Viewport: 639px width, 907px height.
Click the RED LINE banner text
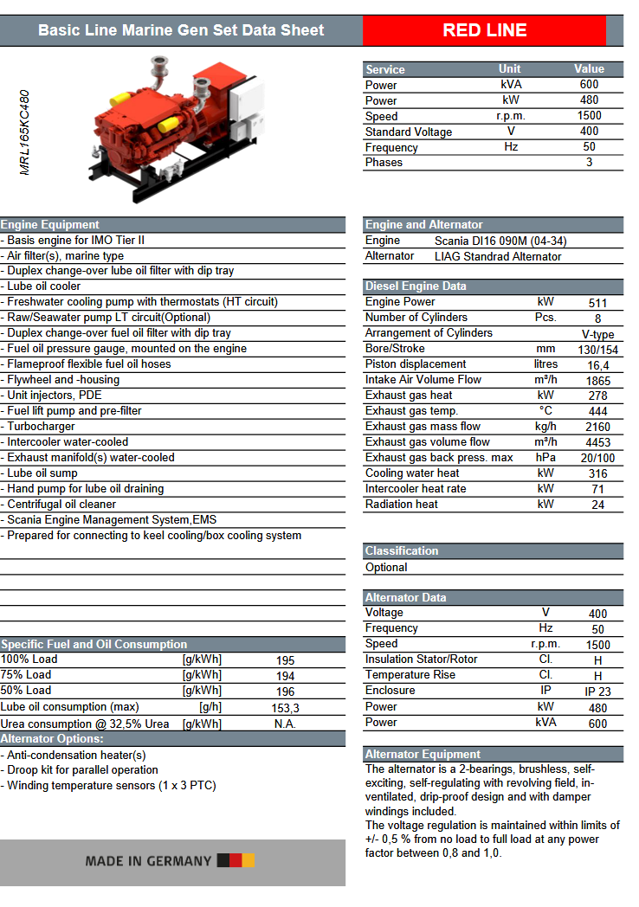[x=484, y=30]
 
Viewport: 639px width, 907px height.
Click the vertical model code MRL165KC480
[x=25, y=132]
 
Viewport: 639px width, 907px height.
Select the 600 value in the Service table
[x=589, y=85]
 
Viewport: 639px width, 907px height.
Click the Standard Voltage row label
[x=409, y=132]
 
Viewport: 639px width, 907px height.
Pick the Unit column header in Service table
[x=510, y=69]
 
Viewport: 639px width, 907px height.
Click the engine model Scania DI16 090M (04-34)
[x=500, y=241]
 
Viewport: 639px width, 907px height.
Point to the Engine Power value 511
[x=597, y=303]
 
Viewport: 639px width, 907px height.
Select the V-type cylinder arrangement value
[x=597, y=334]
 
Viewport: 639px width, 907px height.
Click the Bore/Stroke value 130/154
[x=597, y=350]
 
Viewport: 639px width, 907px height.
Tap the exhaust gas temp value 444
[x=597, y=412]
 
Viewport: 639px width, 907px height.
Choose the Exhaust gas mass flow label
[x=423, y=427]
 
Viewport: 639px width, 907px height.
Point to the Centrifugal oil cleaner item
[x=61, y=505]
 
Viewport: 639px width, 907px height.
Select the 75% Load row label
[x=26, y=675]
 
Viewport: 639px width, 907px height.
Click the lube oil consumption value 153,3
[x=285, y=708]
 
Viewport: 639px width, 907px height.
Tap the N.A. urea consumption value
[x=285, y=724]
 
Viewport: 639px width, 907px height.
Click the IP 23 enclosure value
[x=597, y=692]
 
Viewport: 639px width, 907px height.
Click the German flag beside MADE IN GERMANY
[x=236, y=860]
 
